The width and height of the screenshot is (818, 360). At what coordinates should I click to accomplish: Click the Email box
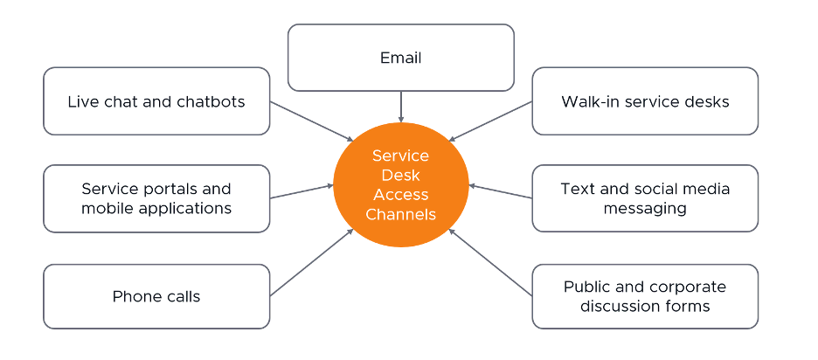click(x=400, y=58)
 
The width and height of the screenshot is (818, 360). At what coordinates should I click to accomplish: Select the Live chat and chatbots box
click(x=156, y=101)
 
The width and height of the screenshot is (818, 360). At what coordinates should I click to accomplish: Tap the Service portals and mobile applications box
click(x=156, y=198)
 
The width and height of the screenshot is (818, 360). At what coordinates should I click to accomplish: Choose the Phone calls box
click(x=156, y=296)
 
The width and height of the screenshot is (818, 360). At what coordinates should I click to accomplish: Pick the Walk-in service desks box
click(x=645, y=101)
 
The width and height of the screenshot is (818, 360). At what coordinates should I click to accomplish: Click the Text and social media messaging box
click(x=645, y=198)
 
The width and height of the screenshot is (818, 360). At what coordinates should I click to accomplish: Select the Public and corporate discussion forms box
click(x=645, y=296)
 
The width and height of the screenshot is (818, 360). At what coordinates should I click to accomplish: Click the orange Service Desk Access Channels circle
click(x=400, y=185)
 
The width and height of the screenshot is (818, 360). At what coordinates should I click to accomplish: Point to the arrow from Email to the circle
click(x=400, y=106)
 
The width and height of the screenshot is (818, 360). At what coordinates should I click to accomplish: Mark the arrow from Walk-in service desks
click(x=491, y=121)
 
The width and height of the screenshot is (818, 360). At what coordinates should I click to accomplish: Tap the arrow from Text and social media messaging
click(x=500, y=191)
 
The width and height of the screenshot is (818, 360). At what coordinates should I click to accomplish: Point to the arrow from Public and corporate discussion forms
click(x=491, y=263)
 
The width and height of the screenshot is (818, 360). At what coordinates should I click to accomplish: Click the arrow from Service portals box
click(x=302, y=191)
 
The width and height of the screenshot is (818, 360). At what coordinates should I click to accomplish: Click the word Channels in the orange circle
click(x=400, y=214)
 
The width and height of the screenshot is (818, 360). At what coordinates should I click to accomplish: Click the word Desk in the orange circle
click(x=400, y=176)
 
